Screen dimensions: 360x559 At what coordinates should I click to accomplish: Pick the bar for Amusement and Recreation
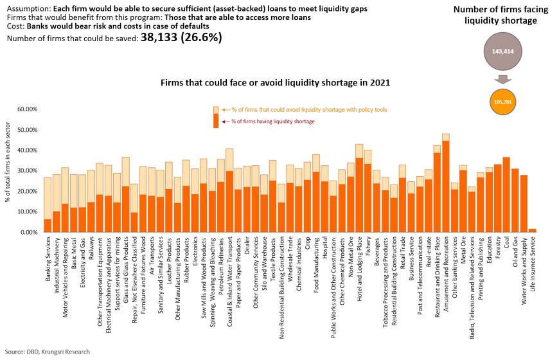[446, 183]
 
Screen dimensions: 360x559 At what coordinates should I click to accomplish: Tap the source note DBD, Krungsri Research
[48, 352]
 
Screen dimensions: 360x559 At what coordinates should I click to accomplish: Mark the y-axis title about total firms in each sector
[8, 170]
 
